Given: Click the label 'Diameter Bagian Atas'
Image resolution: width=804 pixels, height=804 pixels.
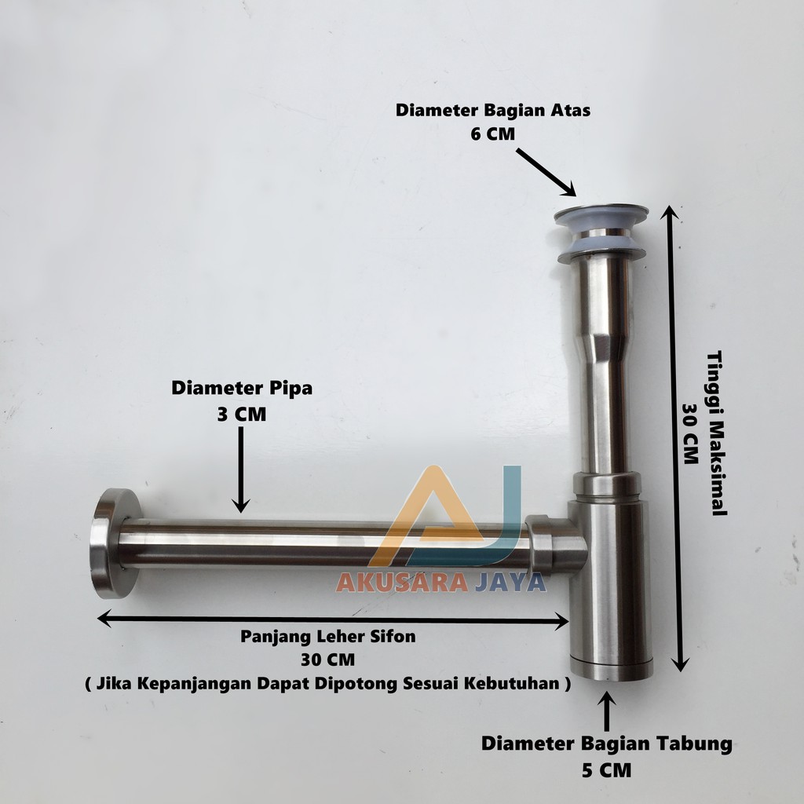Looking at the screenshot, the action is [493, 111].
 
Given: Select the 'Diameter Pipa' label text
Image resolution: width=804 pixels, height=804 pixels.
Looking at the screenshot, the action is [242, 388].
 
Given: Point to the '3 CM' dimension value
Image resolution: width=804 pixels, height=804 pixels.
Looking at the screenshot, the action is [241, 414].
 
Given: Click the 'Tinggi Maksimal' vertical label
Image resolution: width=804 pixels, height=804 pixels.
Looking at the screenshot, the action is [715, 433].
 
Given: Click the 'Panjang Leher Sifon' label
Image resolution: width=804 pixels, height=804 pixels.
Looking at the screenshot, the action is [328, 637].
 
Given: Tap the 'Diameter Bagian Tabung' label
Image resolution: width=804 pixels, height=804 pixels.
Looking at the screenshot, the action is [607, 743].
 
